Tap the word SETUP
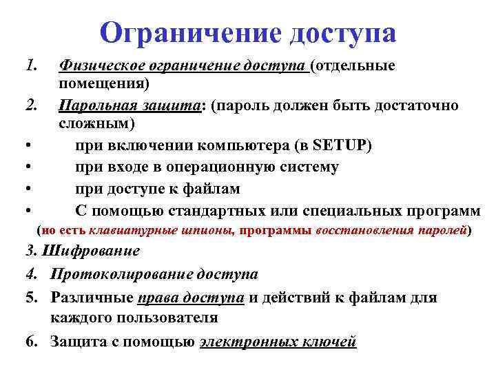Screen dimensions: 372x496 pos(341,146)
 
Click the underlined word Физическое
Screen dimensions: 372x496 pos(99,66)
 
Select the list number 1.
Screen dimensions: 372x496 pos(29,66)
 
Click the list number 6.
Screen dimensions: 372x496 pos(29,341)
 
